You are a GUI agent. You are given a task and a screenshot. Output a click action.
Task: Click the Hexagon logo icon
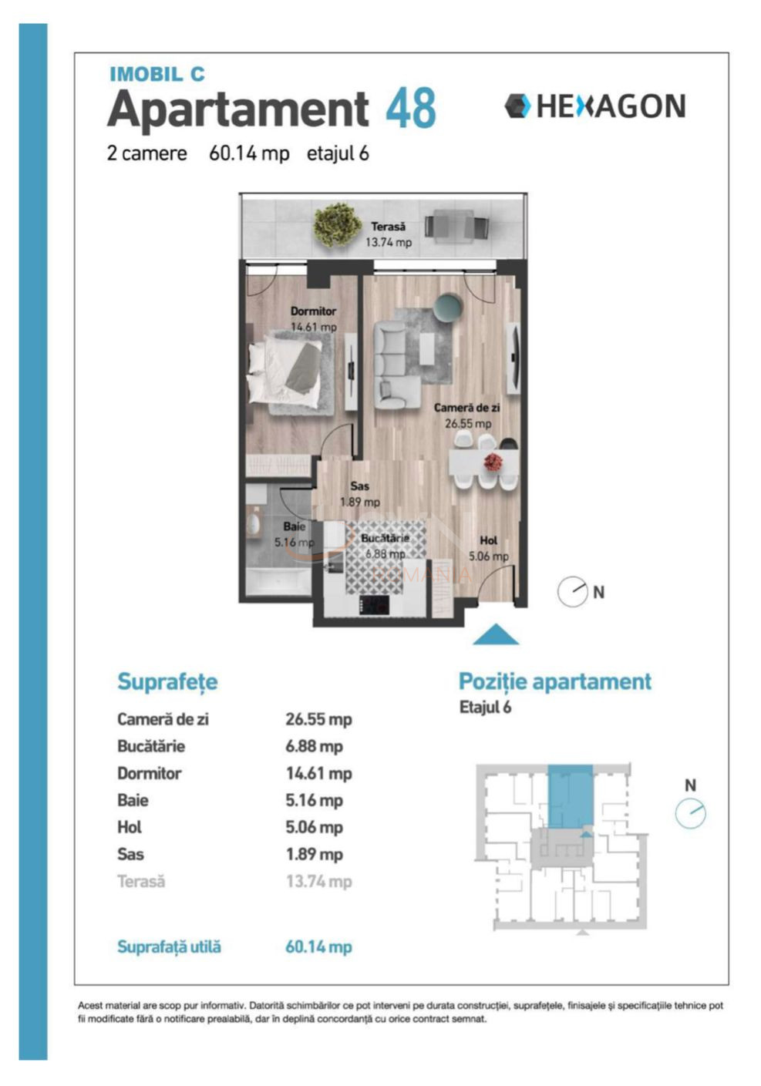coord(517,106)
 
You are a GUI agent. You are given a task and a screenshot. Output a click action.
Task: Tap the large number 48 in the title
coord(410,109)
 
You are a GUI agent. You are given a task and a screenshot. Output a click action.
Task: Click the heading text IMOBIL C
coord(157,74)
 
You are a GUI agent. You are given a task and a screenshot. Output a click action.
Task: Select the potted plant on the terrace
coord(337,224)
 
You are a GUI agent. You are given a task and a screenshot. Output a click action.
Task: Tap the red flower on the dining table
coord(493,462)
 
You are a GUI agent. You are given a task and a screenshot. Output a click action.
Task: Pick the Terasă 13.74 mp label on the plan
coord(388,234)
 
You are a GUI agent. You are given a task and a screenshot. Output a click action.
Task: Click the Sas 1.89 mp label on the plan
coord(359,494)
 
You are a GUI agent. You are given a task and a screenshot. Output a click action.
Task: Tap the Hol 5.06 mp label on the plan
coord(488,548)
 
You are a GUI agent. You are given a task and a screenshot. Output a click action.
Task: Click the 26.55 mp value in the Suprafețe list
coord(318,719)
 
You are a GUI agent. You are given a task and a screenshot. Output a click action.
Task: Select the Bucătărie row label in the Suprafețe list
coord(151,746)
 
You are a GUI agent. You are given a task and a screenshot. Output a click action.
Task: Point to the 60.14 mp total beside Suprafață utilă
coord(318,946)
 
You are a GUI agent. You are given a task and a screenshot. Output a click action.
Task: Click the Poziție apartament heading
coord(554,681)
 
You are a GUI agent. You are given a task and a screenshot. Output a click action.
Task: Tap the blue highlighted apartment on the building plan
coord(570,796)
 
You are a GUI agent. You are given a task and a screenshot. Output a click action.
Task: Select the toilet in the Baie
coord(252,524)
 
